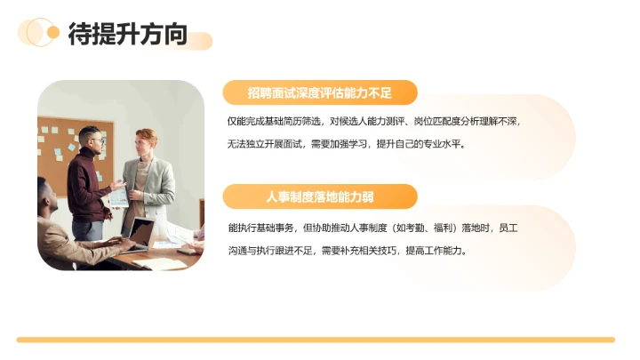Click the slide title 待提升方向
click(x=128, y=35)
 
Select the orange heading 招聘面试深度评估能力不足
click(x=320, y=92)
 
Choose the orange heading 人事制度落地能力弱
click(x=320, y=196)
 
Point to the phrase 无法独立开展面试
click(x=266, y=143)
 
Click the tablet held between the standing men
click(x=118, y=196)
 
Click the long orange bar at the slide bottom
click(x=316, y=340)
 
